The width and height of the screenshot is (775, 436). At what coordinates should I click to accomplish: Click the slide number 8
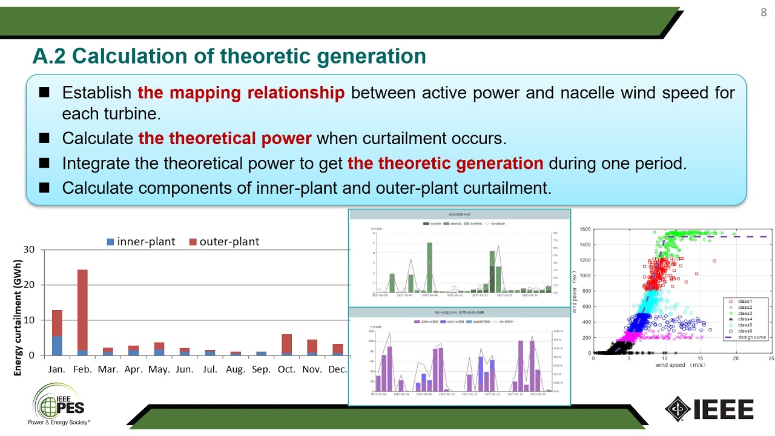click(x=763, y=13)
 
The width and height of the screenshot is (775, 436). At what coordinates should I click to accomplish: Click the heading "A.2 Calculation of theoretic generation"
click(x=229, y=56)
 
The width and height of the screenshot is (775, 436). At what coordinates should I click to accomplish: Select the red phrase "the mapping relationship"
click(x=241, y=93)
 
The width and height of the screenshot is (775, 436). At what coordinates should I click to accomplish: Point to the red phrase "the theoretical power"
click(x=225, y=138)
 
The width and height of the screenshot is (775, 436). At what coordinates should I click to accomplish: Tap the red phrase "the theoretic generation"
click(x=445, y=163)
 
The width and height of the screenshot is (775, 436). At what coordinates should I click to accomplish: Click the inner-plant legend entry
click(x=140, y=242)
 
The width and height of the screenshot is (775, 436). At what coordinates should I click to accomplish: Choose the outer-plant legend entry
click(x=224, y=242)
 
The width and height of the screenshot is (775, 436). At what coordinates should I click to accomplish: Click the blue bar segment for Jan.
click(x=57, y=346)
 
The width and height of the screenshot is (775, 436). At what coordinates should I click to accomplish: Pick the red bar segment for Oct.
click(x=287, y=343)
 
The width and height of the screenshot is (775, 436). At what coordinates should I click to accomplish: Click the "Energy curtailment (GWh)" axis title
click(x=18, y=317)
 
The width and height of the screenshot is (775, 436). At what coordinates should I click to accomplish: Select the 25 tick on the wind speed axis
click(x=771, y=359)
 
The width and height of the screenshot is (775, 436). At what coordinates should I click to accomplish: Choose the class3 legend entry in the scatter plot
click(x=745, y=313)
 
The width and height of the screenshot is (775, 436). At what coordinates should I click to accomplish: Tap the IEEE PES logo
click(x=59, y=404)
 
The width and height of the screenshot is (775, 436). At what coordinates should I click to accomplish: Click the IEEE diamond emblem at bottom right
click(x=678, y=409)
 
